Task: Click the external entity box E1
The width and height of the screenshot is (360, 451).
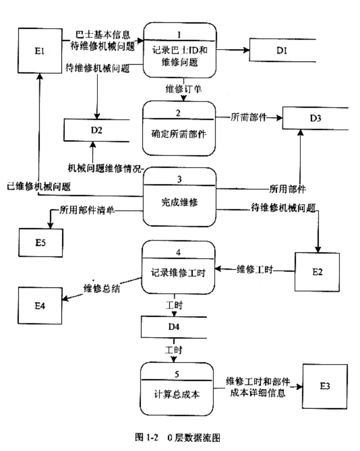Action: [x=40, y=51]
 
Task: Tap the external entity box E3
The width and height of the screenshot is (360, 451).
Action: [x=325, y=387]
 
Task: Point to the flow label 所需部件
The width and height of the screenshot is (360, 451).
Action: [x=247, y=117]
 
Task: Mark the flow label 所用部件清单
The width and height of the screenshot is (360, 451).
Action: [x=87, y=210]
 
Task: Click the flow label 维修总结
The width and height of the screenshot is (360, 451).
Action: [x=101, y=288]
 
